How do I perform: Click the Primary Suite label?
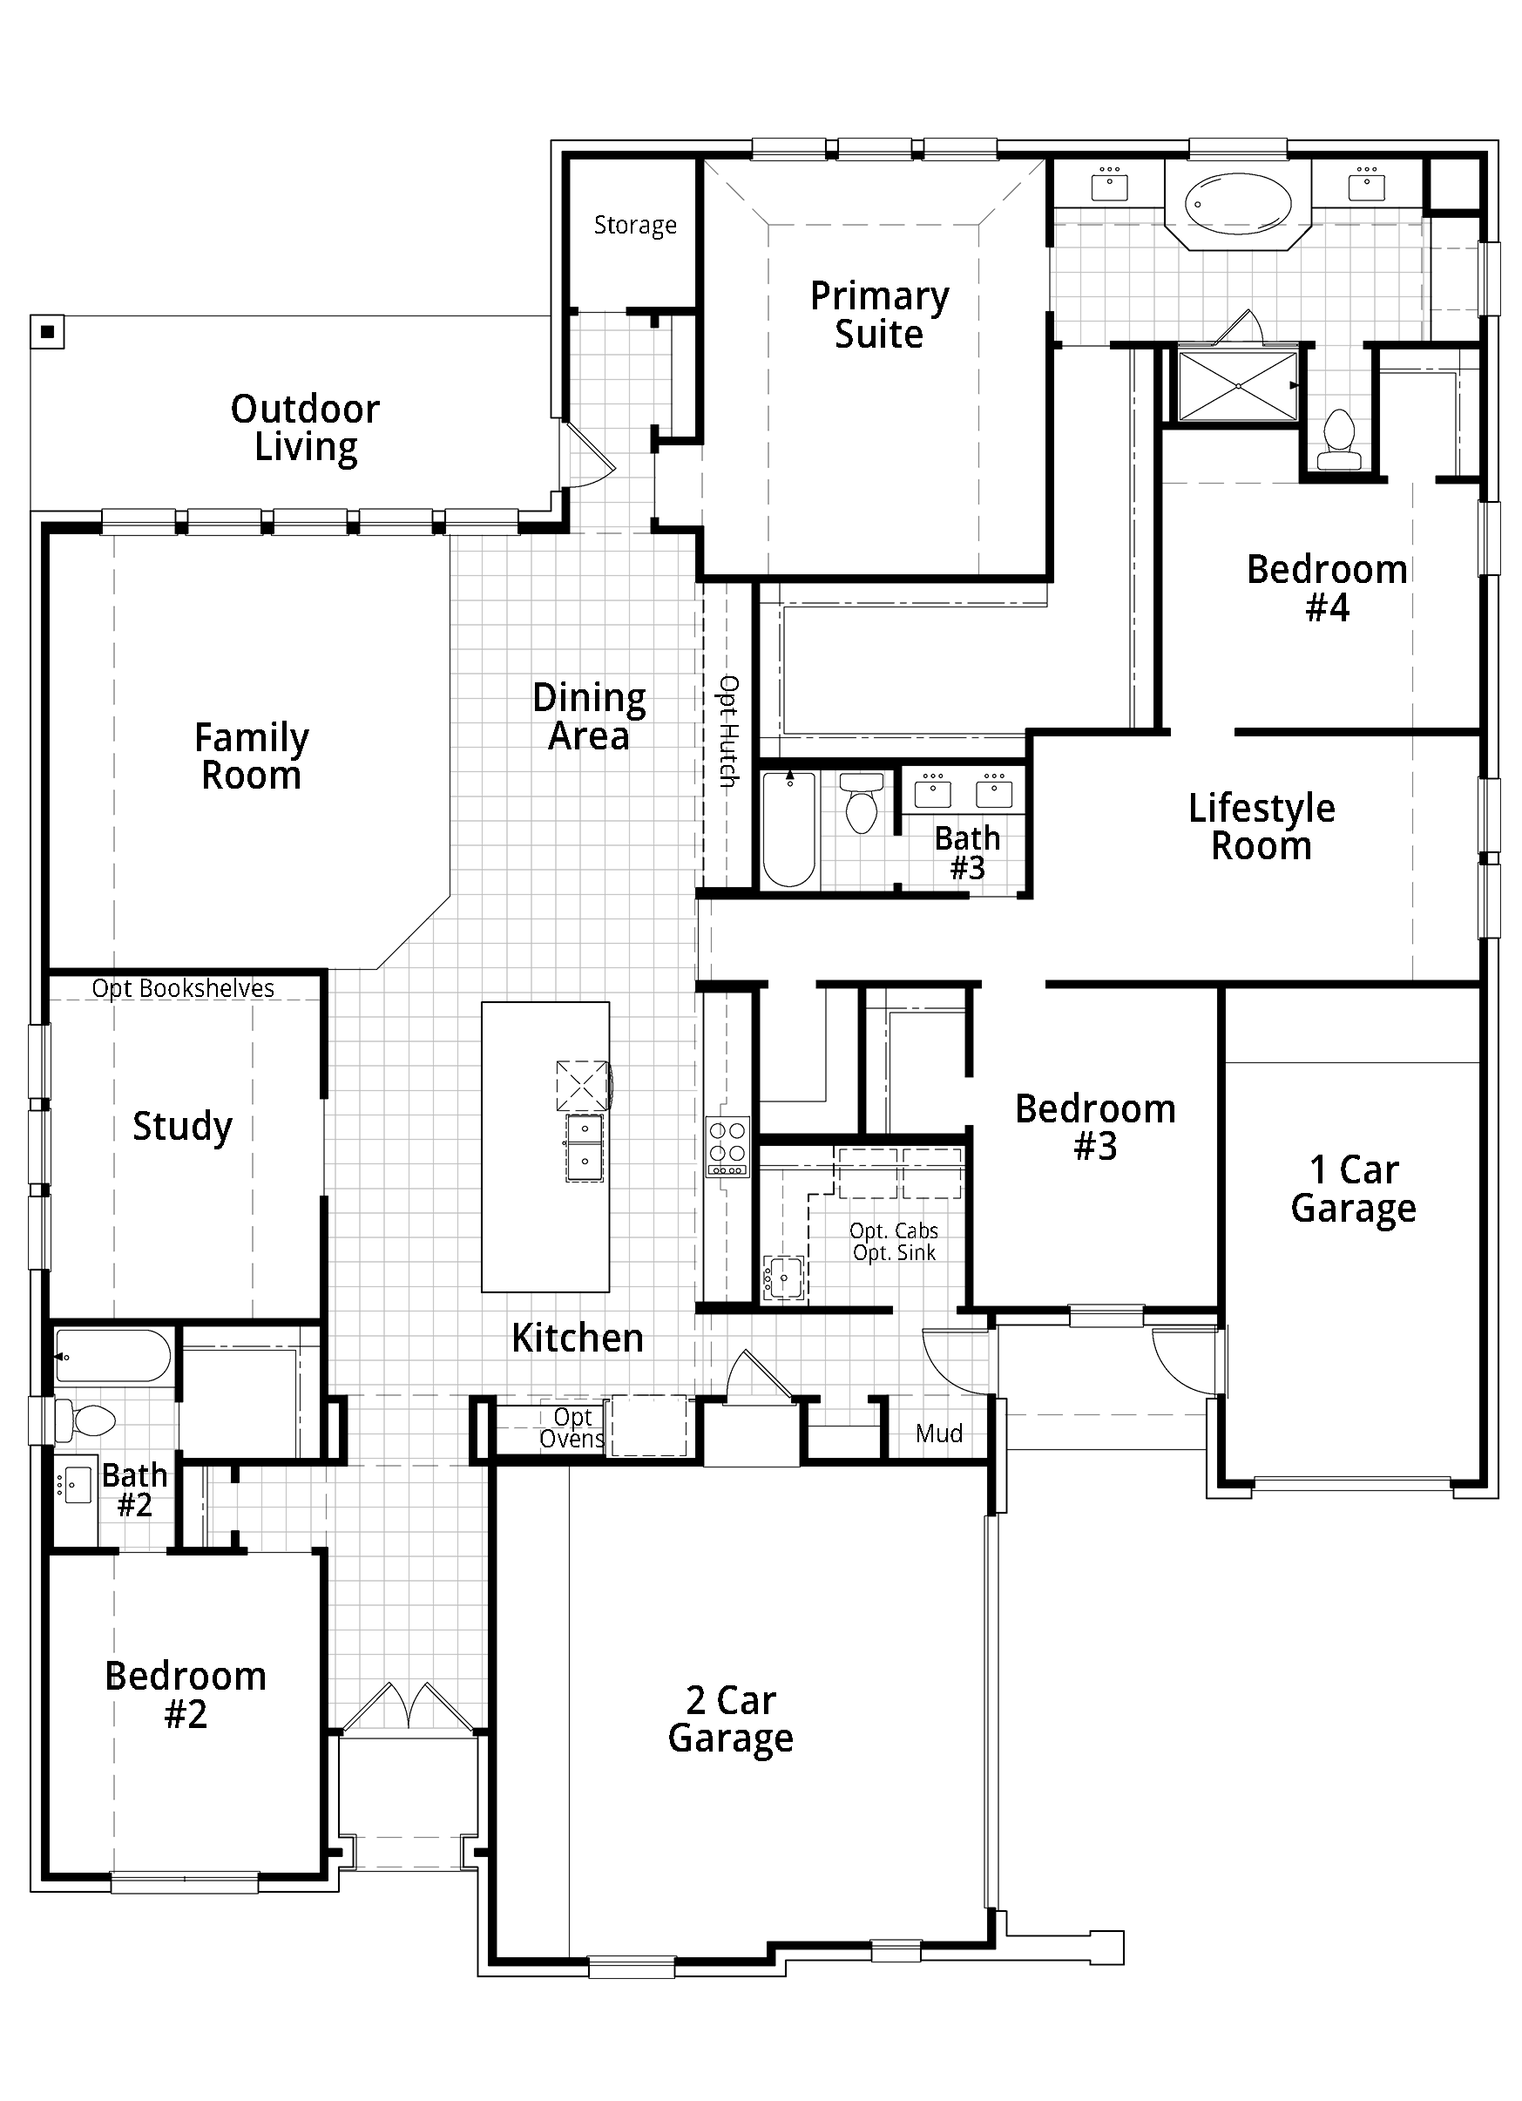point(879,315)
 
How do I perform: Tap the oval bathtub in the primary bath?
point(1239,204)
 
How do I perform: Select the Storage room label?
point(634,225)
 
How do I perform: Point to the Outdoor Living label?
point(305,428)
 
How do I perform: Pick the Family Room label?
point(251,756)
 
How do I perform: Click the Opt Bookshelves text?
point(184,988)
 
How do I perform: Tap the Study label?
point(182,1128)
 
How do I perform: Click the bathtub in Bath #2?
point(113,1356)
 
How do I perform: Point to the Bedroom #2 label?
point(186,1695)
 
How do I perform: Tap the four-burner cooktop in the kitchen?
point(727,1147)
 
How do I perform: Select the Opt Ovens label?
point(572,1427)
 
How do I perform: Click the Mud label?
point(938,1433)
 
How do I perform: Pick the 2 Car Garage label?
point(731,1719)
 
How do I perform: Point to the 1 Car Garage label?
point(1353,1189)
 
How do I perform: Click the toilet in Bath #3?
point(862,804)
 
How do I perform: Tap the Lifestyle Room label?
point(1262,827)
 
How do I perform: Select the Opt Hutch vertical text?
point(729,732)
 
